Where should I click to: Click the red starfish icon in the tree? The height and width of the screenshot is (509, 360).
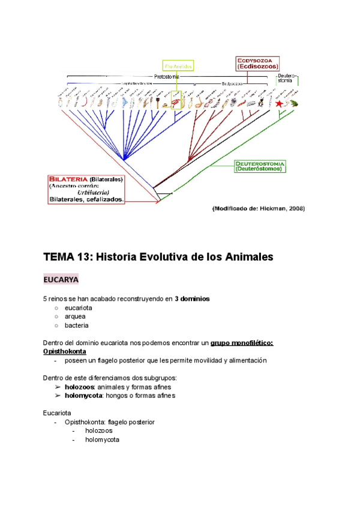[x=279, y=103]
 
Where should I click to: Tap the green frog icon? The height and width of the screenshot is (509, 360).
[x=294, y=103]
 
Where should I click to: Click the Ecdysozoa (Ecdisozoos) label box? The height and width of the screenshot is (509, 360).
[x=260, y=63]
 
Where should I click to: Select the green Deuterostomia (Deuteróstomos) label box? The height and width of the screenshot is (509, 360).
[x=260, y=165]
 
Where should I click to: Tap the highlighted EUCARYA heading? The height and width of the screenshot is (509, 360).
[x=61, y=280]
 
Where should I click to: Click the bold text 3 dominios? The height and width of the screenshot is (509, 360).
[x=192, y=298]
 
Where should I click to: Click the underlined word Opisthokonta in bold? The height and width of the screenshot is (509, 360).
[x=64, y=351]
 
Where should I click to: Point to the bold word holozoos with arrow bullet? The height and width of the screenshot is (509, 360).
[x=79, y=387]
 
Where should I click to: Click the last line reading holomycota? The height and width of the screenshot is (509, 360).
[x=102, y=440]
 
